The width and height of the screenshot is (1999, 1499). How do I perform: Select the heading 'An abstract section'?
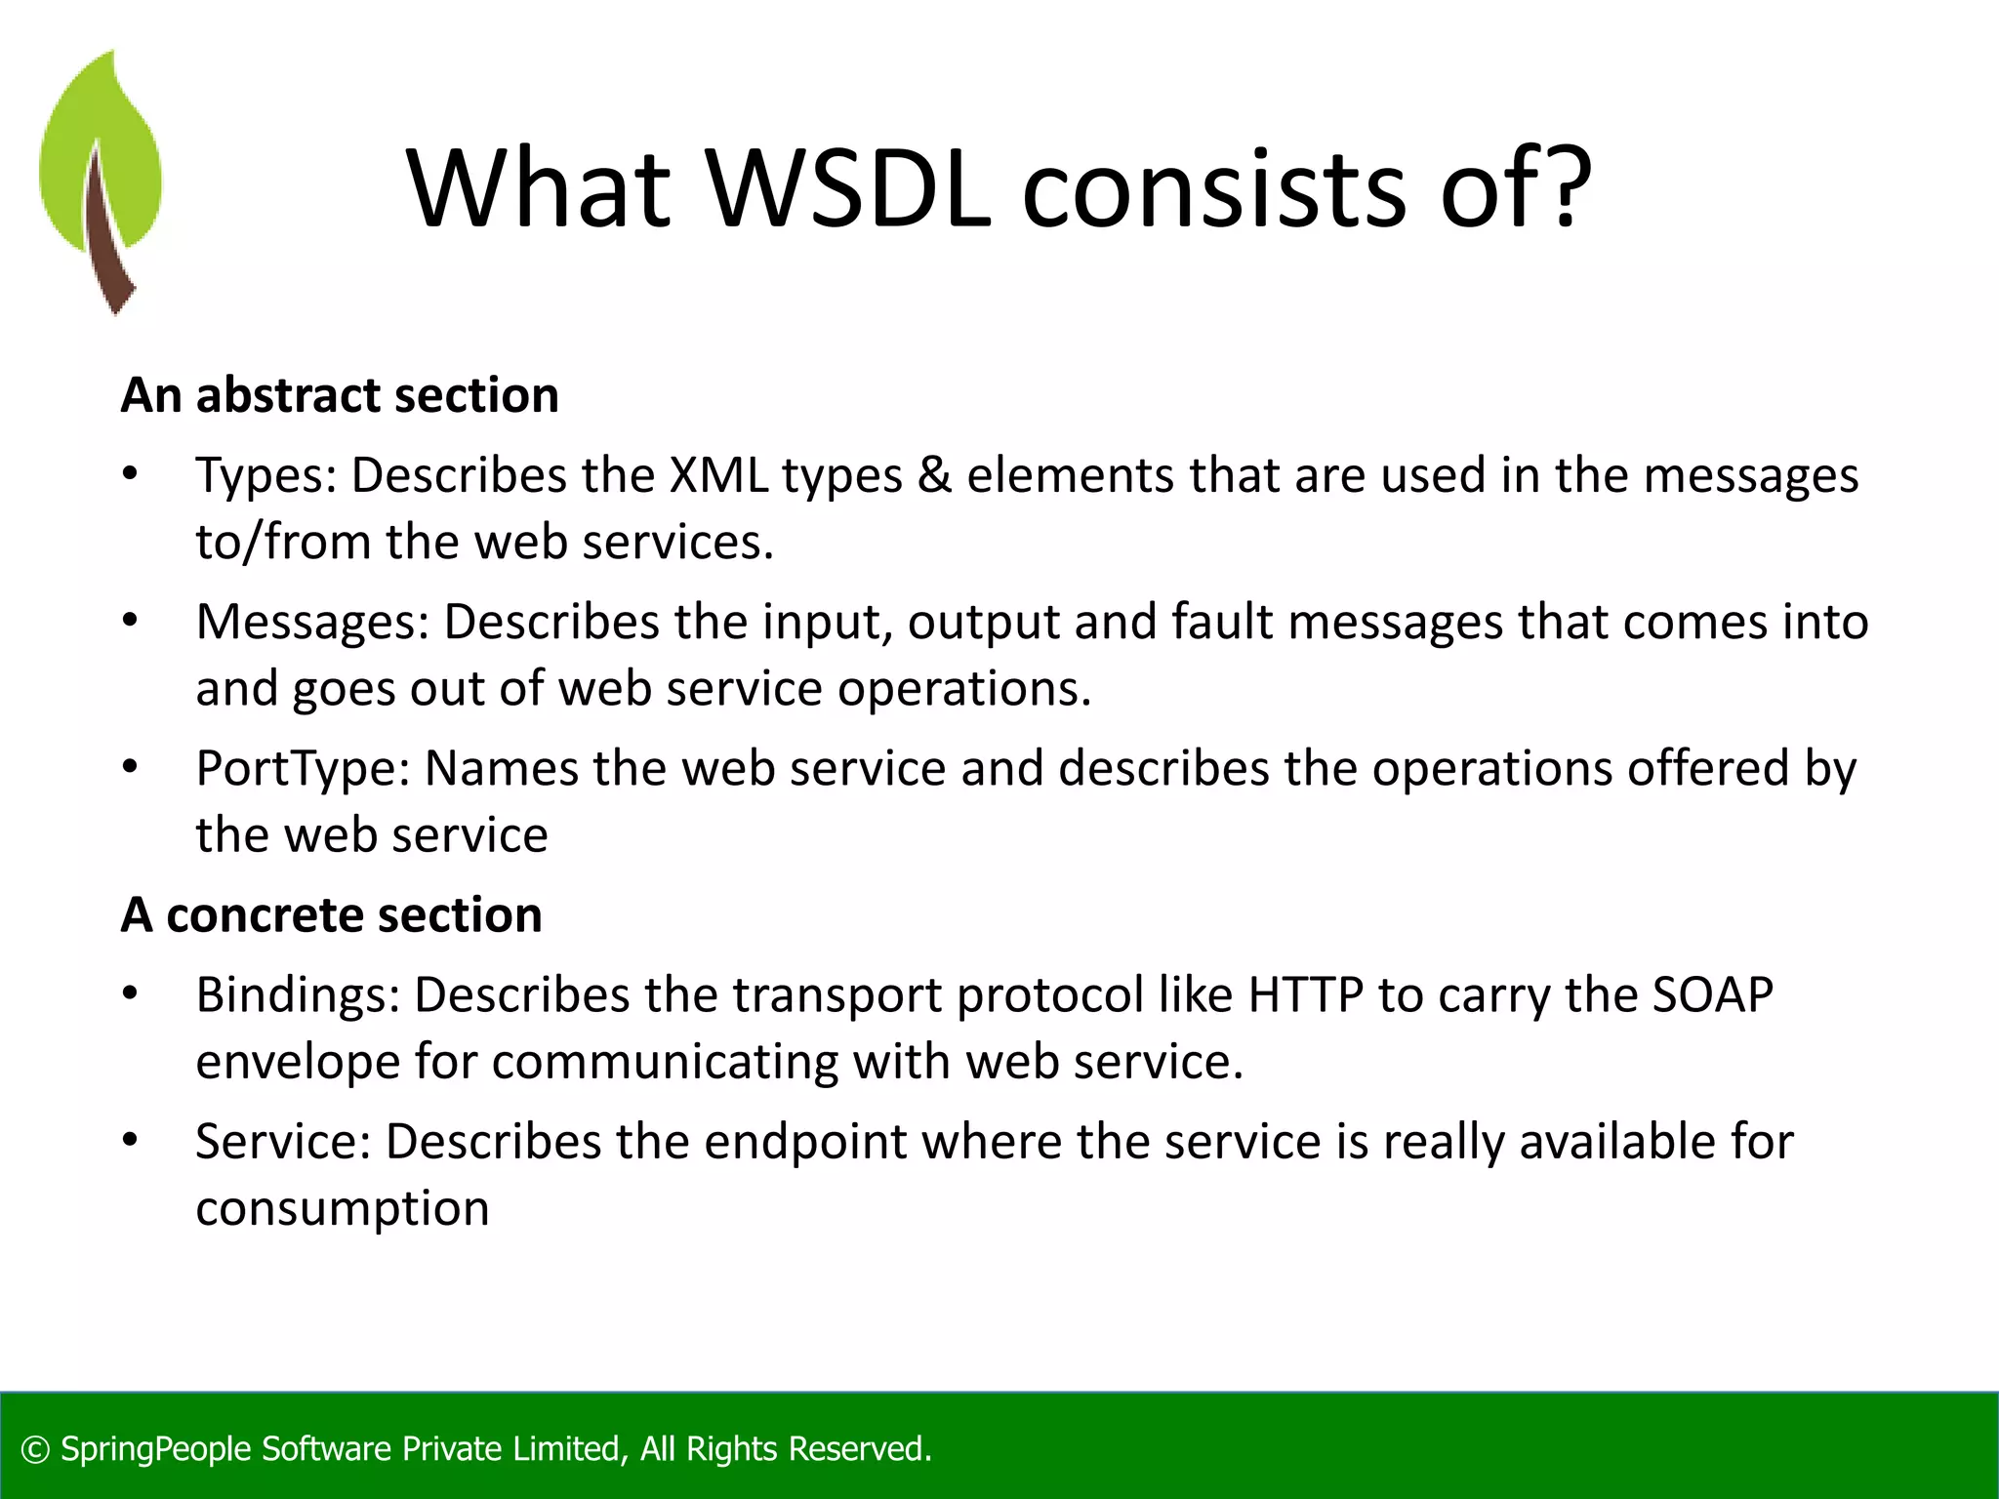point(340,395)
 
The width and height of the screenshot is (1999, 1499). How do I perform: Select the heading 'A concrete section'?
point(331,915)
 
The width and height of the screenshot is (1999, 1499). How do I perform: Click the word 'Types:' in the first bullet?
point(265,477)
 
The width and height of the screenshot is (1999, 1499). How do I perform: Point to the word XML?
point(717,475)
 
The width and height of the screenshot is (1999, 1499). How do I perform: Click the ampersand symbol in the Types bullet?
point(934,475)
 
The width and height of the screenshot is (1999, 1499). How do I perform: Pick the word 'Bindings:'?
point(298,996)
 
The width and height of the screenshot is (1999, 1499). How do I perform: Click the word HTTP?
point(1305,995)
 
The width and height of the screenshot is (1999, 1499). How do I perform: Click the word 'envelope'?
point(298,1063)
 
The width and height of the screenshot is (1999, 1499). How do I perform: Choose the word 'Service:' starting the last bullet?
point(283,1142)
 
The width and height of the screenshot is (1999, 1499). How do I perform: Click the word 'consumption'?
point(342,1210)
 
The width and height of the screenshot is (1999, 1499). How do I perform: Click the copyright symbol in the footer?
point(35,1449)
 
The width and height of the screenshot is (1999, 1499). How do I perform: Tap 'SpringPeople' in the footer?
point(156,1449)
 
